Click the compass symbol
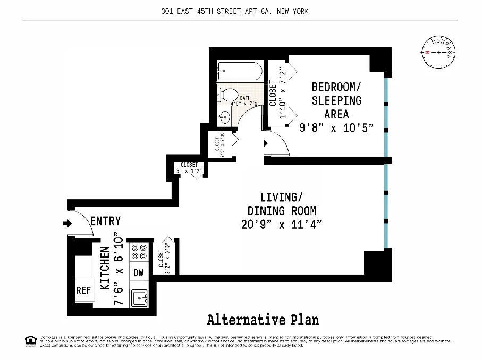(x=438, y=53)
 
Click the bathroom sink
(x=225, y=117)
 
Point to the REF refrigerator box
(x=83, y=290)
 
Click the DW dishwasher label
(x=139, y=273)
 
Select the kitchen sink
(x=140, y=299)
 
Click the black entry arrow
(x=67, y=224)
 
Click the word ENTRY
(x=105, y=221)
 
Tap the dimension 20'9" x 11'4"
(x=281, y=224)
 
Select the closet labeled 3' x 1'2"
(x=189, y=168)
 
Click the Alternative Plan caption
(x=263, y=320)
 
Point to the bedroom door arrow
(x=266, y=143)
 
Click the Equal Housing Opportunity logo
(x=30, y=340)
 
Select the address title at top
(x=234, y=11)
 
